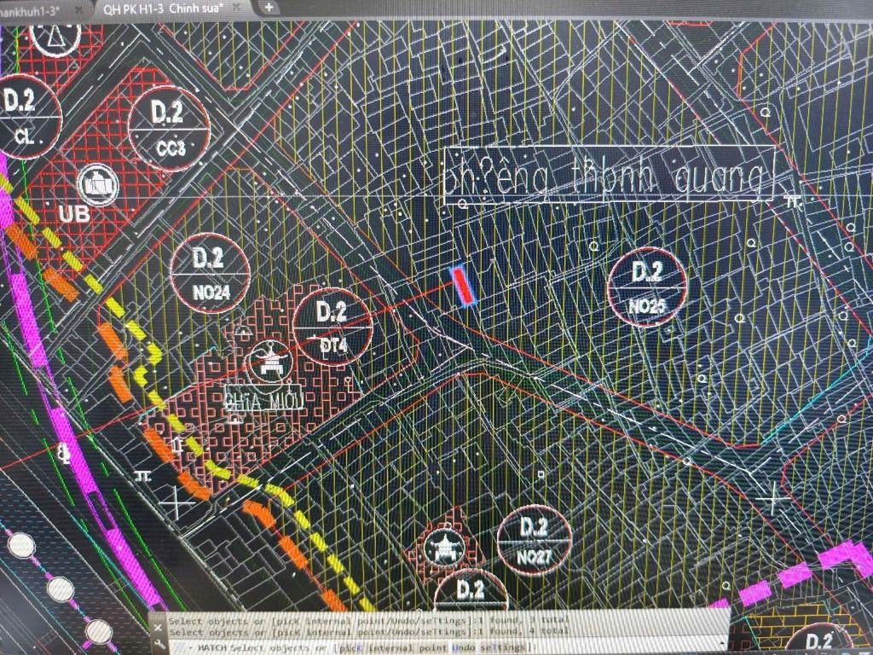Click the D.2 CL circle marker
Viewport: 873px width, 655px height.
(x=23, y=116)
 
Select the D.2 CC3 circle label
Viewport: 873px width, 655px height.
(x=170, y=128)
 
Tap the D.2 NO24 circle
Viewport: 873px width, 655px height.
(x=210, y=273)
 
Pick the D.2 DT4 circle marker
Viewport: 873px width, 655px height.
(x=332, y=327)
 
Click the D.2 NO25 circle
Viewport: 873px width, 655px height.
(x=647, y=287)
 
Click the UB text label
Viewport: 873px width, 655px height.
(x=75, y=214)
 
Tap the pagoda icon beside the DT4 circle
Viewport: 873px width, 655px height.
(x=272, y=362)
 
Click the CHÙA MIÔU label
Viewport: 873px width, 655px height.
(x=260, y=399)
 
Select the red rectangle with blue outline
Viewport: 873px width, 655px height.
(x=462, y=287)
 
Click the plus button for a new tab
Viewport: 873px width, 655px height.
(x=268, y=8)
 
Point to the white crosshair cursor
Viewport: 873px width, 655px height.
(x=774, y=497)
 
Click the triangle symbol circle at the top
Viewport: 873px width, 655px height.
(x=54, y=34)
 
